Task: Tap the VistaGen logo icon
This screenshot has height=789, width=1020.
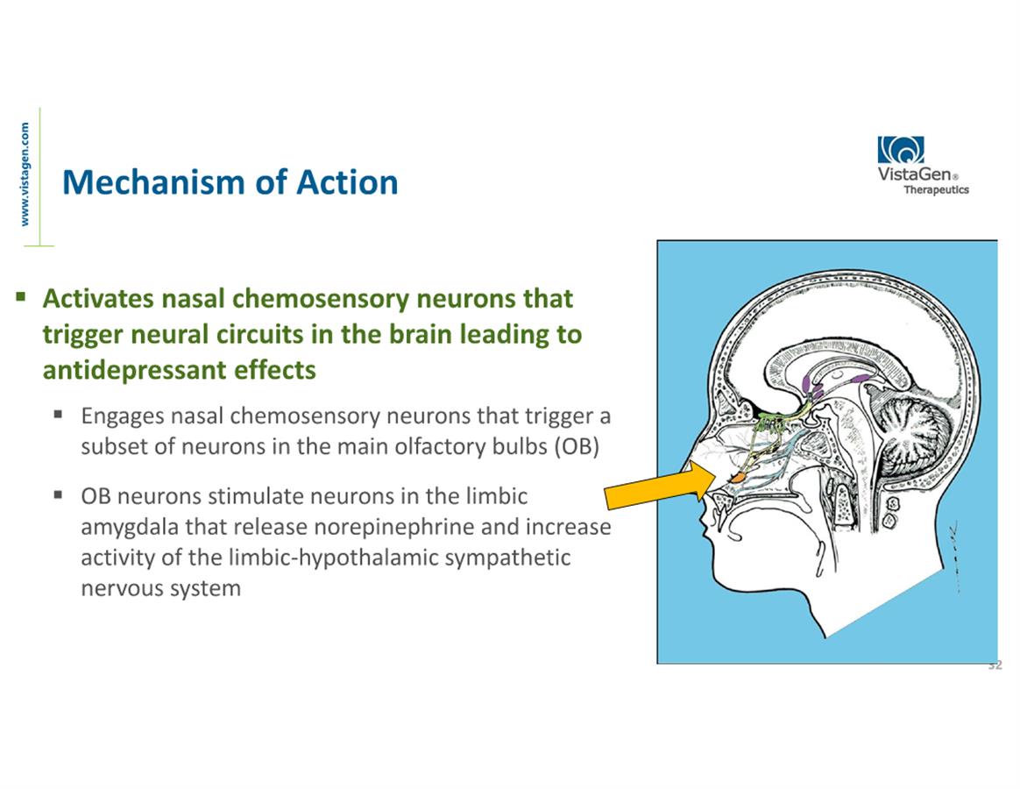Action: pos(901,151)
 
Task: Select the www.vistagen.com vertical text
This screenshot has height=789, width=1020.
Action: pos(25,174)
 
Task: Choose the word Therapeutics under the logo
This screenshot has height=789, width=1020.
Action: pos(936,189)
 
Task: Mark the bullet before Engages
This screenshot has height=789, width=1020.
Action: pos(59,415)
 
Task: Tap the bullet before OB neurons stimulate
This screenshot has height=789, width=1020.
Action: pos(59,495)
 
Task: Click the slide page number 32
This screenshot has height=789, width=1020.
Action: pos(995,666)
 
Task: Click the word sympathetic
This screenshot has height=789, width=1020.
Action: pos(504,558)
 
